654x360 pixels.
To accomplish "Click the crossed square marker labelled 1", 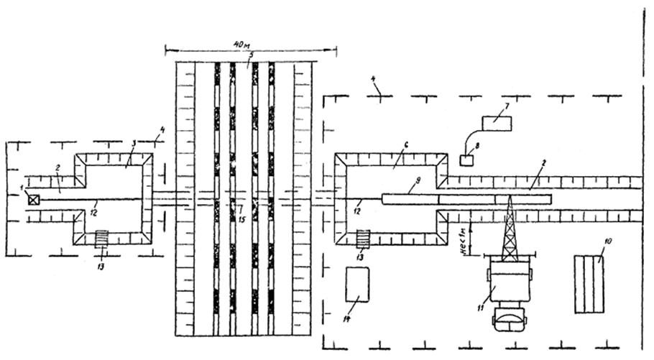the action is (33, 200).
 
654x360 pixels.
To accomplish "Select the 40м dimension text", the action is (243, 45).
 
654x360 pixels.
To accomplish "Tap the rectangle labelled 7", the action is (497, 122).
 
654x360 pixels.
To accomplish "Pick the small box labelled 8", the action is (466, 160).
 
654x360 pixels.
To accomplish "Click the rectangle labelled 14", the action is (357, 285).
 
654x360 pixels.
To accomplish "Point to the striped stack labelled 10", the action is (589, 284).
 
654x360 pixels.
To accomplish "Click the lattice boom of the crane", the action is (510, 229).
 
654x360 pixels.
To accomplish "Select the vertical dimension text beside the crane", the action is (464, 239).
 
